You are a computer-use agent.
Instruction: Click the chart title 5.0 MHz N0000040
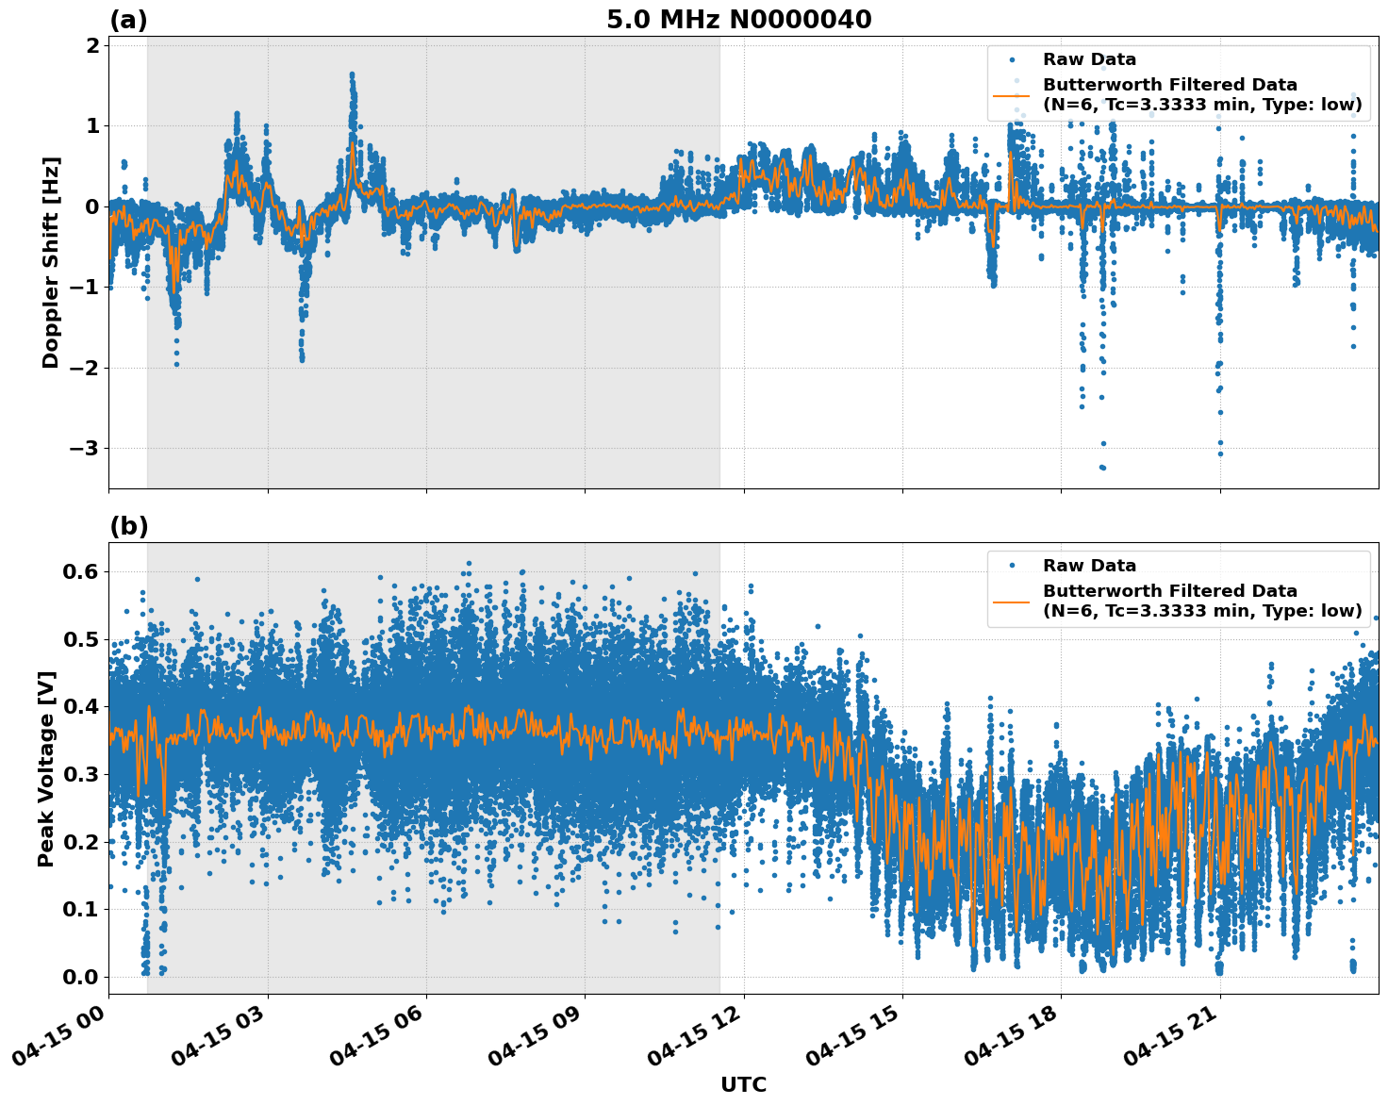(x=738, y=20)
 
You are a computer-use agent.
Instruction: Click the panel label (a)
(x=128, y=20)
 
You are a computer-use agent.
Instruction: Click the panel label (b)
(x=128, y=526)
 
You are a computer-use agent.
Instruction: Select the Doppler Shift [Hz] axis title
(x=51, y=262)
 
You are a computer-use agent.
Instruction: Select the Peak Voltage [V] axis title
(x=46, y=768)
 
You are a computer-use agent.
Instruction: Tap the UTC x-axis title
(x=743, y=1084)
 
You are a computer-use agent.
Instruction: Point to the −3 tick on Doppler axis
(x=84, y=448)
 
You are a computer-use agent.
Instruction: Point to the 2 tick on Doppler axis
(x=91, y=45)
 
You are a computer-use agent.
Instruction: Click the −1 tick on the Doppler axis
(x=84, y=287)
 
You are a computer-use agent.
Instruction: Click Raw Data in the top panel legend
(x=1089, y=59)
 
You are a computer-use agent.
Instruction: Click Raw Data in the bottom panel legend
(x=1089, y=566)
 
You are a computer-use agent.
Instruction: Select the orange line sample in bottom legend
(x=1012, y=601)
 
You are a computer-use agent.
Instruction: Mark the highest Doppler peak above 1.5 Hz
(x=352, y=74)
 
